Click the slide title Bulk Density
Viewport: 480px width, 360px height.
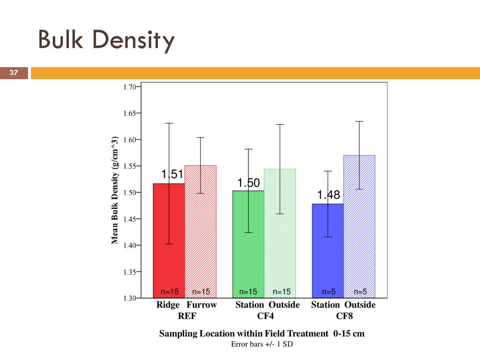click(x=106, y=41)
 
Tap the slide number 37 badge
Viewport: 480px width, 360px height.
click(x=14, y=73)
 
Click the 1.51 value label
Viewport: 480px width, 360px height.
click(x=172, y=175)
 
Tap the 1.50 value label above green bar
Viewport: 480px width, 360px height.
click(x=248, y=183)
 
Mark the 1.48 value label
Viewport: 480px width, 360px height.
click(x=328, y=195)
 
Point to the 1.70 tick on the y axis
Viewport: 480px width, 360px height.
click(x=130, y=87)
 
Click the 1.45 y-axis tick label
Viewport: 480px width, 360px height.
click(x=130, y=218)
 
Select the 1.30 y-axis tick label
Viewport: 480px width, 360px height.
click(x=130, y=298)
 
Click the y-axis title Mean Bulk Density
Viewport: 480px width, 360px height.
click(x=114, y=191)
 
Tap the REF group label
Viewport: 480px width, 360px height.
click(x=187, y=316)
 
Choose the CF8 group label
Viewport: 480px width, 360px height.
click(x=344, y=316)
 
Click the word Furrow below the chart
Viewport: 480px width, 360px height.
click(x=202, y=305)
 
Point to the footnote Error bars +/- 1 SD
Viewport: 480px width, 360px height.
click(x=264, y=344)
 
